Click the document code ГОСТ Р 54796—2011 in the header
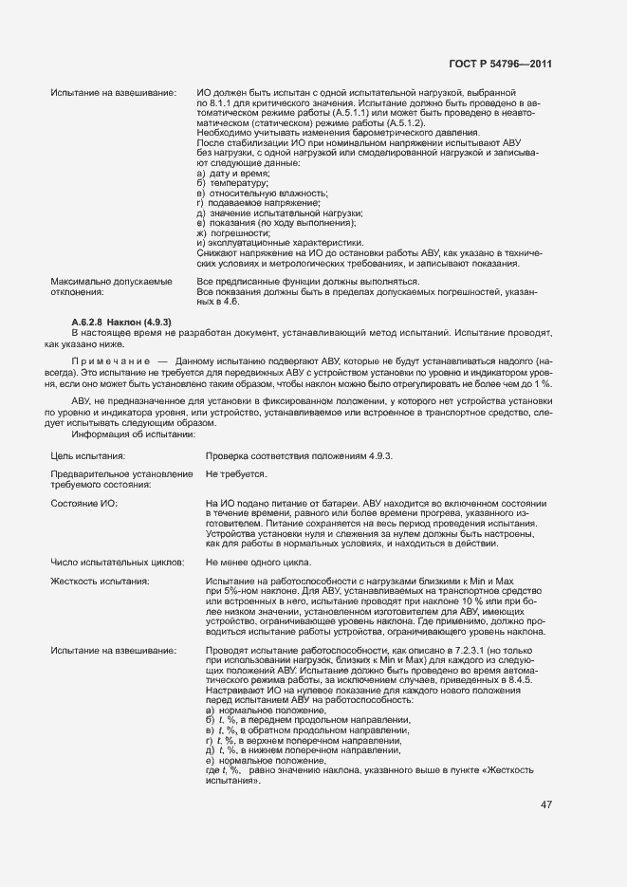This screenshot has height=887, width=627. click(500, 64)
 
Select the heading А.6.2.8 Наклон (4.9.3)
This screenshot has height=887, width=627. click(121, 323)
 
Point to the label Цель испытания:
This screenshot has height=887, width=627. click(89, 456)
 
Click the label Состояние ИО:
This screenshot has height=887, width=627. click(83, 502)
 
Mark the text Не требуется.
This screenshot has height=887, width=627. click(236, 472)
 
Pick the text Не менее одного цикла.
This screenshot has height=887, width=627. click(258, 563)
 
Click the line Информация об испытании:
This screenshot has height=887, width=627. click(133, 434)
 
